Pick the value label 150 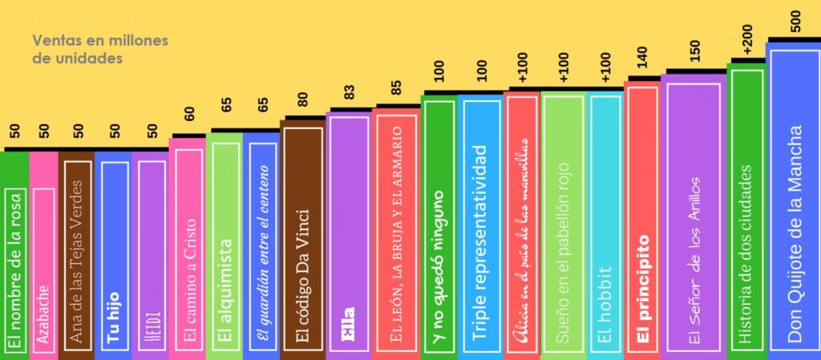pyautogui.click(x=694, y=51)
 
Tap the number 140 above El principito pyautogui.click(x=641, y=60)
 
